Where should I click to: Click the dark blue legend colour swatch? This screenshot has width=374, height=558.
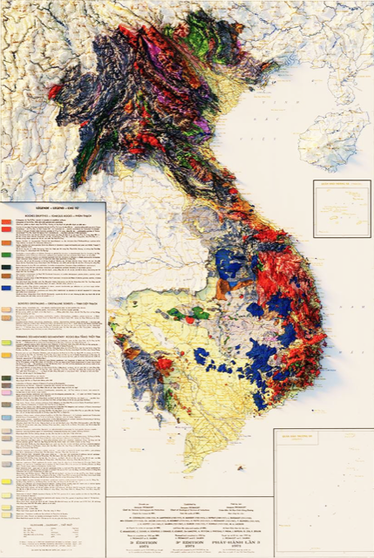coord(7,288)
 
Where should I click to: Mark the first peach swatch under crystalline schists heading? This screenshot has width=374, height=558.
coord(7,309)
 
